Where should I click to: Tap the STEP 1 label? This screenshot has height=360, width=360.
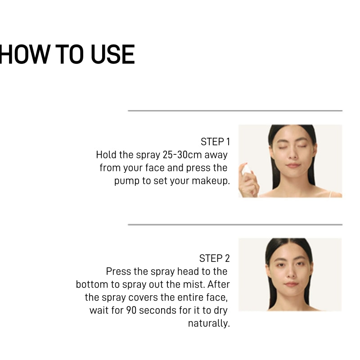click(x=215, y=142)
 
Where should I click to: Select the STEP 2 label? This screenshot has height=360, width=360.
click(x=214, y=258)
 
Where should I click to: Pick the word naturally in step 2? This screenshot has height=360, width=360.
click(x=209, y=324)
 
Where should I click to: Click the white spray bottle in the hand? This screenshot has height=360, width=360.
click(x=246, y=170)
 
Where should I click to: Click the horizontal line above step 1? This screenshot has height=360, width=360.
click(x=235, y=110)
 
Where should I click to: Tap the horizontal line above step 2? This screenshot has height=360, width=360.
click(x=235, y=224)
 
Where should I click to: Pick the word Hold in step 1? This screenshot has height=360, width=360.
click(x=106, y=155)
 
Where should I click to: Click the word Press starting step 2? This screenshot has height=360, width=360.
click(x=118, y=272)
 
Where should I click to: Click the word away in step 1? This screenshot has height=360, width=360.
click(x=216, y=155)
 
